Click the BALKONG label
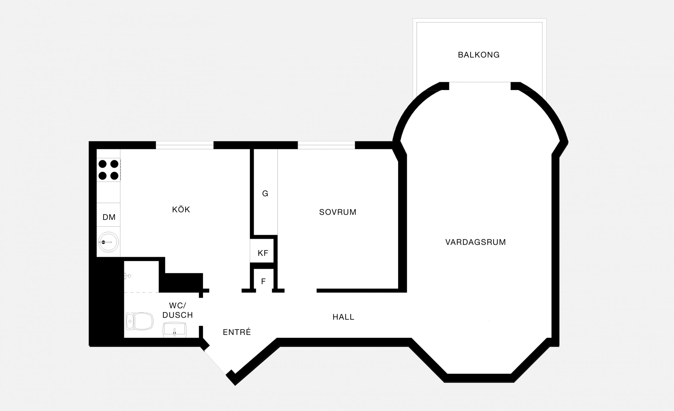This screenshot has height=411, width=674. coord(479,55)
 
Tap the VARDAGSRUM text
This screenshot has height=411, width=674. coord(476,242)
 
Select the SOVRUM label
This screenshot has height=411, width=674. coord(338,212)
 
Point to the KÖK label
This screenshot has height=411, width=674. coord(181,209)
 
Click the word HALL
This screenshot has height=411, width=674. coord(344,317)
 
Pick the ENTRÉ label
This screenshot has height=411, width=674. coord(237,332)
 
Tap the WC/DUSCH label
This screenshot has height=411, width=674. coord(178,310)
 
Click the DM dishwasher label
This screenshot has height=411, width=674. coord(109,217)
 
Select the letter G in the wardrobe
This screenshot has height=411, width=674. coord(265,194)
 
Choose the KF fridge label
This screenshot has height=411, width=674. coord(263,253)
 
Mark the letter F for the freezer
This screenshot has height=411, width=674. coord(264,281)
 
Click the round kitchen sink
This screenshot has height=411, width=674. coord(108,242)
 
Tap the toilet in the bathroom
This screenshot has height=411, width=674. coord(140,321)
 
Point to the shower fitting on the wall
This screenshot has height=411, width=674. coord(127,276)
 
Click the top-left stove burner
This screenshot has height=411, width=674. coord(103,164)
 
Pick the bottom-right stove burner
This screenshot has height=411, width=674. coord(114,176)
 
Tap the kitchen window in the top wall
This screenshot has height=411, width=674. coord(185,145)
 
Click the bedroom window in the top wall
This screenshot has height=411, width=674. coord(326,145)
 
